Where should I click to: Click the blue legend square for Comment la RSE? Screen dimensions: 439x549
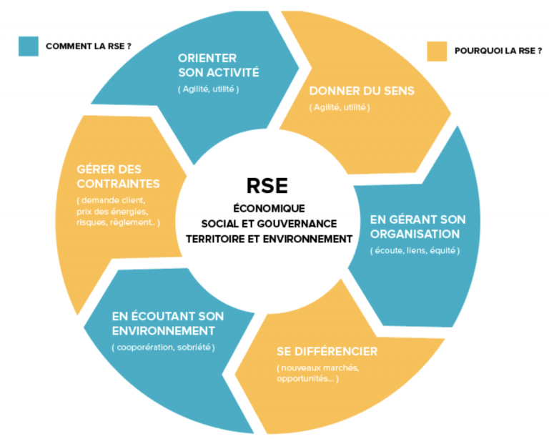point(29,46)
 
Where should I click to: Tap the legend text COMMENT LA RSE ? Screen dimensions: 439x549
point(88,46)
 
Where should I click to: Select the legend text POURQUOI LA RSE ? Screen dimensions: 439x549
point(498,51)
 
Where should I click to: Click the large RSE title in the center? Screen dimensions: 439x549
point(269,186)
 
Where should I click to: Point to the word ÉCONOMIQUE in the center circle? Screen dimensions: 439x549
point(269,208)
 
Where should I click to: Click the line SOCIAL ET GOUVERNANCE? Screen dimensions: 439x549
point(269,223)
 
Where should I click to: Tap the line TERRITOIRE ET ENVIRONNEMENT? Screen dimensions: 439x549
point(269,239)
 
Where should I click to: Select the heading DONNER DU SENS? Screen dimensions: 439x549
point(361,92)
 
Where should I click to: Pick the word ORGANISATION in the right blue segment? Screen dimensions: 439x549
point(414,234)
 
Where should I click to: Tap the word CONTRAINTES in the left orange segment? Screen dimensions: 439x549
point(118,184)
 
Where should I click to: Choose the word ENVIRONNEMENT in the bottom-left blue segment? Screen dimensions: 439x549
point(163,331)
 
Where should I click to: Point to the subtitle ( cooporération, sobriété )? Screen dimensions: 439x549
point(163,347)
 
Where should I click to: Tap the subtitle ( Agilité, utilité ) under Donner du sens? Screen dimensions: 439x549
point(340,107)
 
